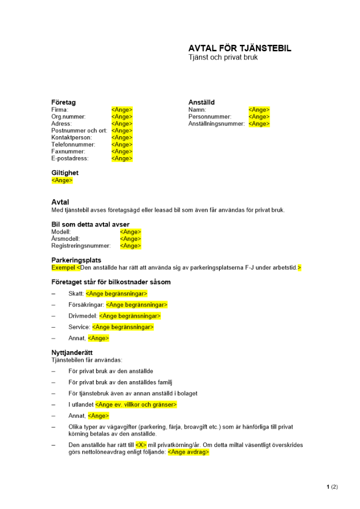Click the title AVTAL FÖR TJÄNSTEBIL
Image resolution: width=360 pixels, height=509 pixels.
[x=240, y=48]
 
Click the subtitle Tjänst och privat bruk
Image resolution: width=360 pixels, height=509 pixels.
[x=223, y=58]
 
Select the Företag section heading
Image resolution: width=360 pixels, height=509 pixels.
[x=64, y=102]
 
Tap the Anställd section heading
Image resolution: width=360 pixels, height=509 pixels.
[x=202, y=102]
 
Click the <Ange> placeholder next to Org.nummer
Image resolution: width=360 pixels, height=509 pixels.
[x=122, y=117]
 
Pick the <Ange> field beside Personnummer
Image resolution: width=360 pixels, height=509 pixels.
[x=259, y=117]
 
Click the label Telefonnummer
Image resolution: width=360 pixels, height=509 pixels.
[x=73, y=145]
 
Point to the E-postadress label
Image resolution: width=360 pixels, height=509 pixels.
[x=70, y=158]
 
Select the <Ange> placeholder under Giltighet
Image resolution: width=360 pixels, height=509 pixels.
[x=62, y=180]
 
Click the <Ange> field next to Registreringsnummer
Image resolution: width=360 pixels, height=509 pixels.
[x=130, y=246]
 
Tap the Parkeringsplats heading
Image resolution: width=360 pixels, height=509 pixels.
[x=76, y=260]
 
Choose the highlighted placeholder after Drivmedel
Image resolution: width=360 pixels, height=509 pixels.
[x=130, y=316]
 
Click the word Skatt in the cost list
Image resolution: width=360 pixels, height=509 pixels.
[x=76, y=294]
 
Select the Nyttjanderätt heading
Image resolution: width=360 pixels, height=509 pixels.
[x=72, y=352]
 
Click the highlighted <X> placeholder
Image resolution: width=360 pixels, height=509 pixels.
[x=141, y=445]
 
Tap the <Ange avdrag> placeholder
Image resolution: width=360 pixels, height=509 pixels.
[x=188, y=452]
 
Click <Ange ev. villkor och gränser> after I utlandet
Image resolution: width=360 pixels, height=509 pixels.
[x=136, y=405]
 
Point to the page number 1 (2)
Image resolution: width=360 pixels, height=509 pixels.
[x=332, y=487]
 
